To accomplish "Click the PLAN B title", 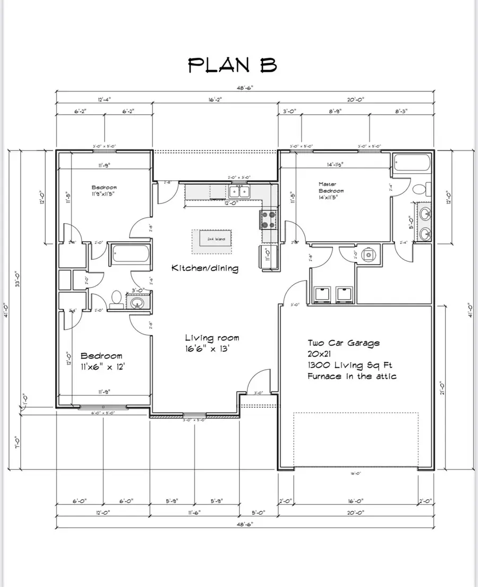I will click(233, 65).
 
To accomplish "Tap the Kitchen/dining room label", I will click(204, 268).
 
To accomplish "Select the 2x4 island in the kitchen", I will click(216, 239).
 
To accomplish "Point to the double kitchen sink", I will click(239, 191).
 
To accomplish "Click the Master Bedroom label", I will click(331, 191).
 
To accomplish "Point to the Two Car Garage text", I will click(344, 343).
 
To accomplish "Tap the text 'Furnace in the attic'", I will click(352, 377).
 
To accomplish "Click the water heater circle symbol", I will click(368, 256).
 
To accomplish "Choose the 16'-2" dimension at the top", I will click(215, 99).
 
